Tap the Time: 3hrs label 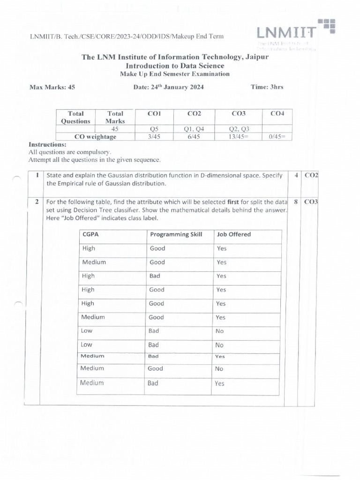(267, 87)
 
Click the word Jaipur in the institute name (255, 57)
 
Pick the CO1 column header (154, 113)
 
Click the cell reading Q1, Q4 (194, 129)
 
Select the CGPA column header (90, 234)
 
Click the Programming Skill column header (176, 234)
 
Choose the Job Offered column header (233, 234)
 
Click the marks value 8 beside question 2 (296, 202)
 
